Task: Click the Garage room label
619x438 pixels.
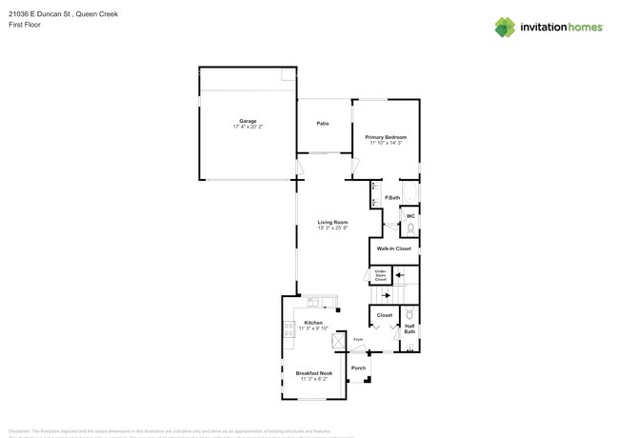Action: pyautogui.click(x=248, y=121)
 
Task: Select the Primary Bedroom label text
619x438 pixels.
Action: pyautogui.click(x=385, y=137)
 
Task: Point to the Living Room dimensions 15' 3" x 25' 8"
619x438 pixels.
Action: pyautogui.click(x=332, y=229)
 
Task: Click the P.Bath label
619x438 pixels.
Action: pyautogui.click(x=391, y=198)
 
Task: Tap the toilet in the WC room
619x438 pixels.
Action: pyautogui.click(x=409, y=229)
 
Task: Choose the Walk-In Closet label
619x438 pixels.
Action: pyautogui.click(x=393, y=249)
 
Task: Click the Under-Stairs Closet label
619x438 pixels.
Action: pyautogui.click(x=380, y=275)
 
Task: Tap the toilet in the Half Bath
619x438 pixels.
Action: pyautogui.click(x=409, y=314)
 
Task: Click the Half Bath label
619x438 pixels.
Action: pyautogui.click(x=409, y=328)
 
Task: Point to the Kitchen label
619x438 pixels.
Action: pyautogui.click(x=313, y=323)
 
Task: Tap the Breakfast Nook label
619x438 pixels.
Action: pyautogui.click(x=313, y=373)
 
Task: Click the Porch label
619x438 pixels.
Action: pyautogui.click(x=358, y=368)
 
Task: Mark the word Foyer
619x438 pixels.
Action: pyautogui.click(x=358, y=340)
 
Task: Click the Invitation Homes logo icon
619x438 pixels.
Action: pyautogui.click(x=505, y=27)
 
